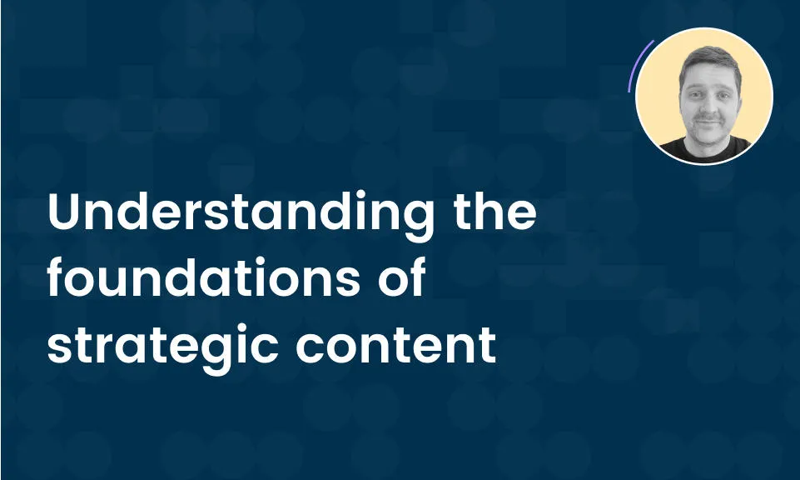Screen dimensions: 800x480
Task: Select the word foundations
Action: point(204,277)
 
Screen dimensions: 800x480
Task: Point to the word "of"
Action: point(402,277)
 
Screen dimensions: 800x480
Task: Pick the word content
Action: point(396,344)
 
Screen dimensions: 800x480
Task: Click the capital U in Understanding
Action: point(65,212)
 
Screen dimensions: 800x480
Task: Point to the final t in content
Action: point(487,345)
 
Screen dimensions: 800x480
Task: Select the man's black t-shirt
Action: point(706,150)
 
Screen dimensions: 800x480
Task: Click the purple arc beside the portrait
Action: point(638,63)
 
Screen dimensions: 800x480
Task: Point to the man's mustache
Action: point(708,120)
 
